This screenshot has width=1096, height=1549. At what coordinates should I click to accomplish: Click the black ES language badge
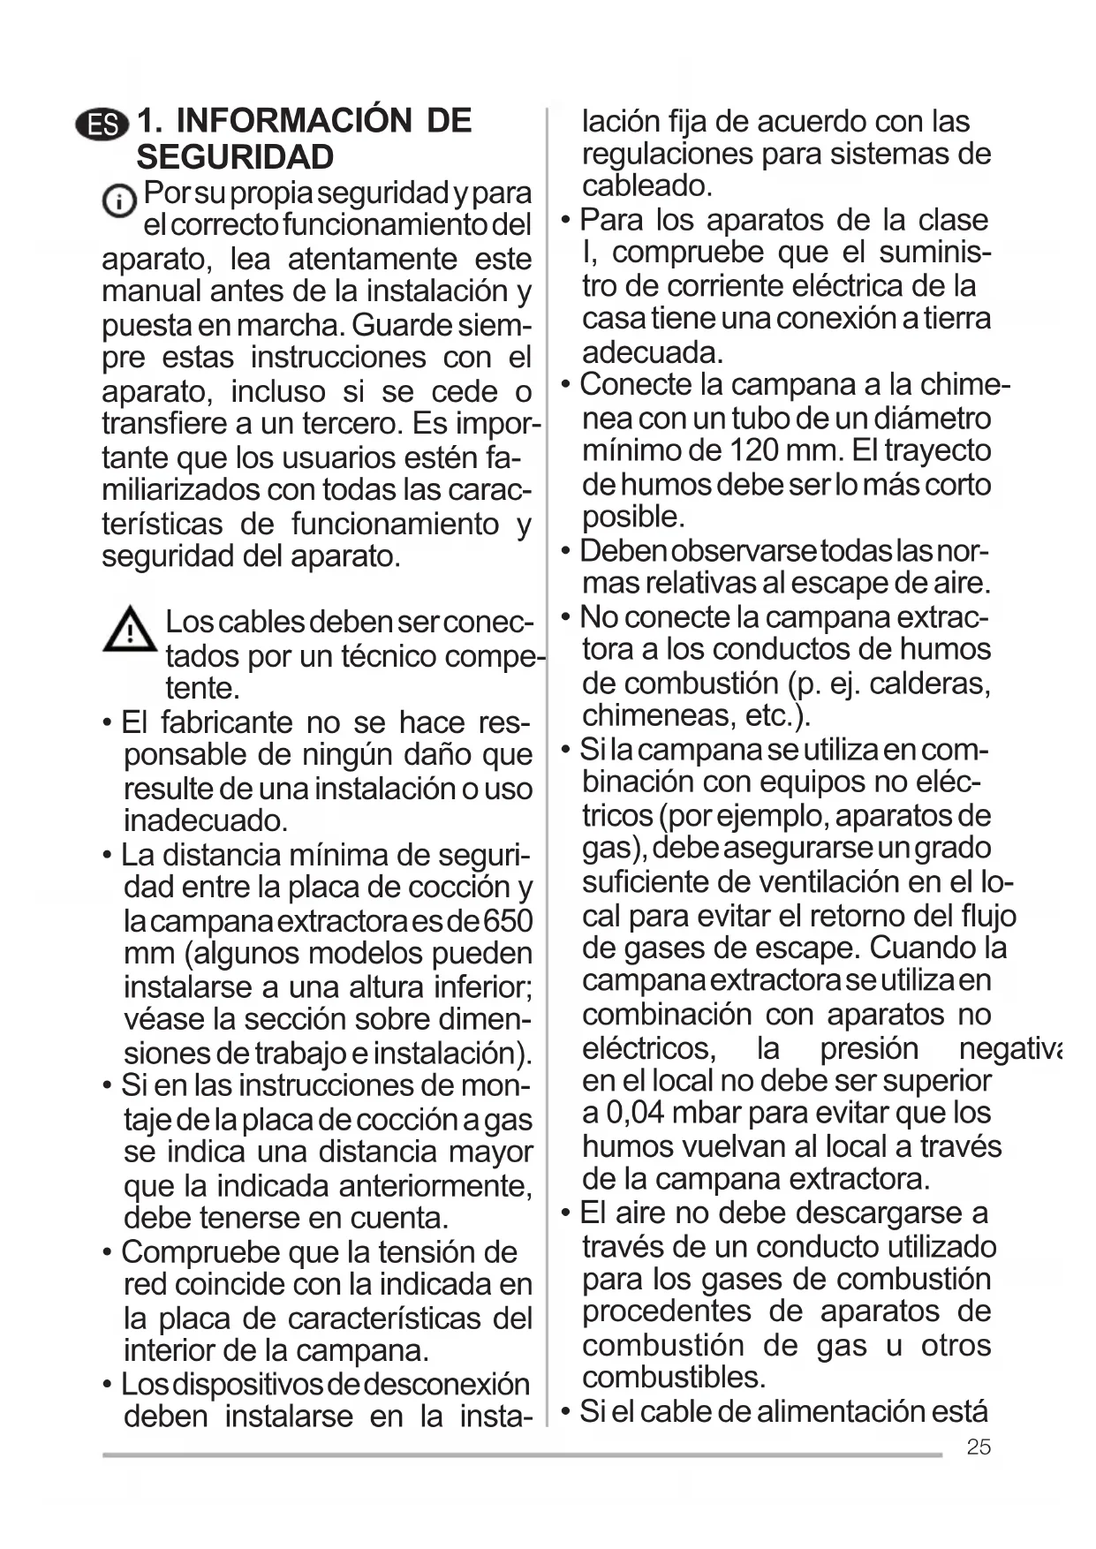pyautogui.click(x=102, y=125)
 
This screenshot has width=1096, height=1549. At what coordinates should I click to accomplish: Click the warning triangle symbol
pyautogui.click(x=130, y=630)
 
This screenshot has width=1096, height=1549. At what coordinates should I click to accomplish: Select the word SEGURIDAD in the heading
pyautogui.click(x=235, y=157)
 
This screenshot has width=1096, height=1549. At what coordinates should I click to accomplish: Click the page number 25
pyautogui.click(x=979, y=1447)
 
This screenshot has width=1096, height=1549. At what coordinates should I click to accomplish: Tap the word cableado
pyautogui.click(x=646, y=186)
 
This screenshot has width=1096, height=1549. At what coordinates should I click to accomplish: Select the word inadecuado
pyautogui.click(x=206, y=820)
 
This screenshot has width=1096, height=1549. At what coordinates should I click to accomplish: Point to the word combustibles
pyautogui.click(x=674, y=1377)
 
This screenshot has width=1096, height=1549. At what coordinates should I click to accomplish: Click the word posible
pyautogui.click(x=632, y=517)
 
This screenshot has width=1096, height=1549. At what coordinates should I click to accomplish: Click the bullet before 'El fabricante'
pyautogui.click(x=107, y=723)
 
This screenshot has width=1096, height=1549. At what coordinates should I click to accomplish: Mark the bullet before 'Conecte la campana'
pyautogui.click(x=566, y=385)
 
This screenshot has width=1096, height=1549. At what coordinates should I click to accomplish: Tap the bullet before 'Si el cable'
pyautogui.click(x=566, y=1411)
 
